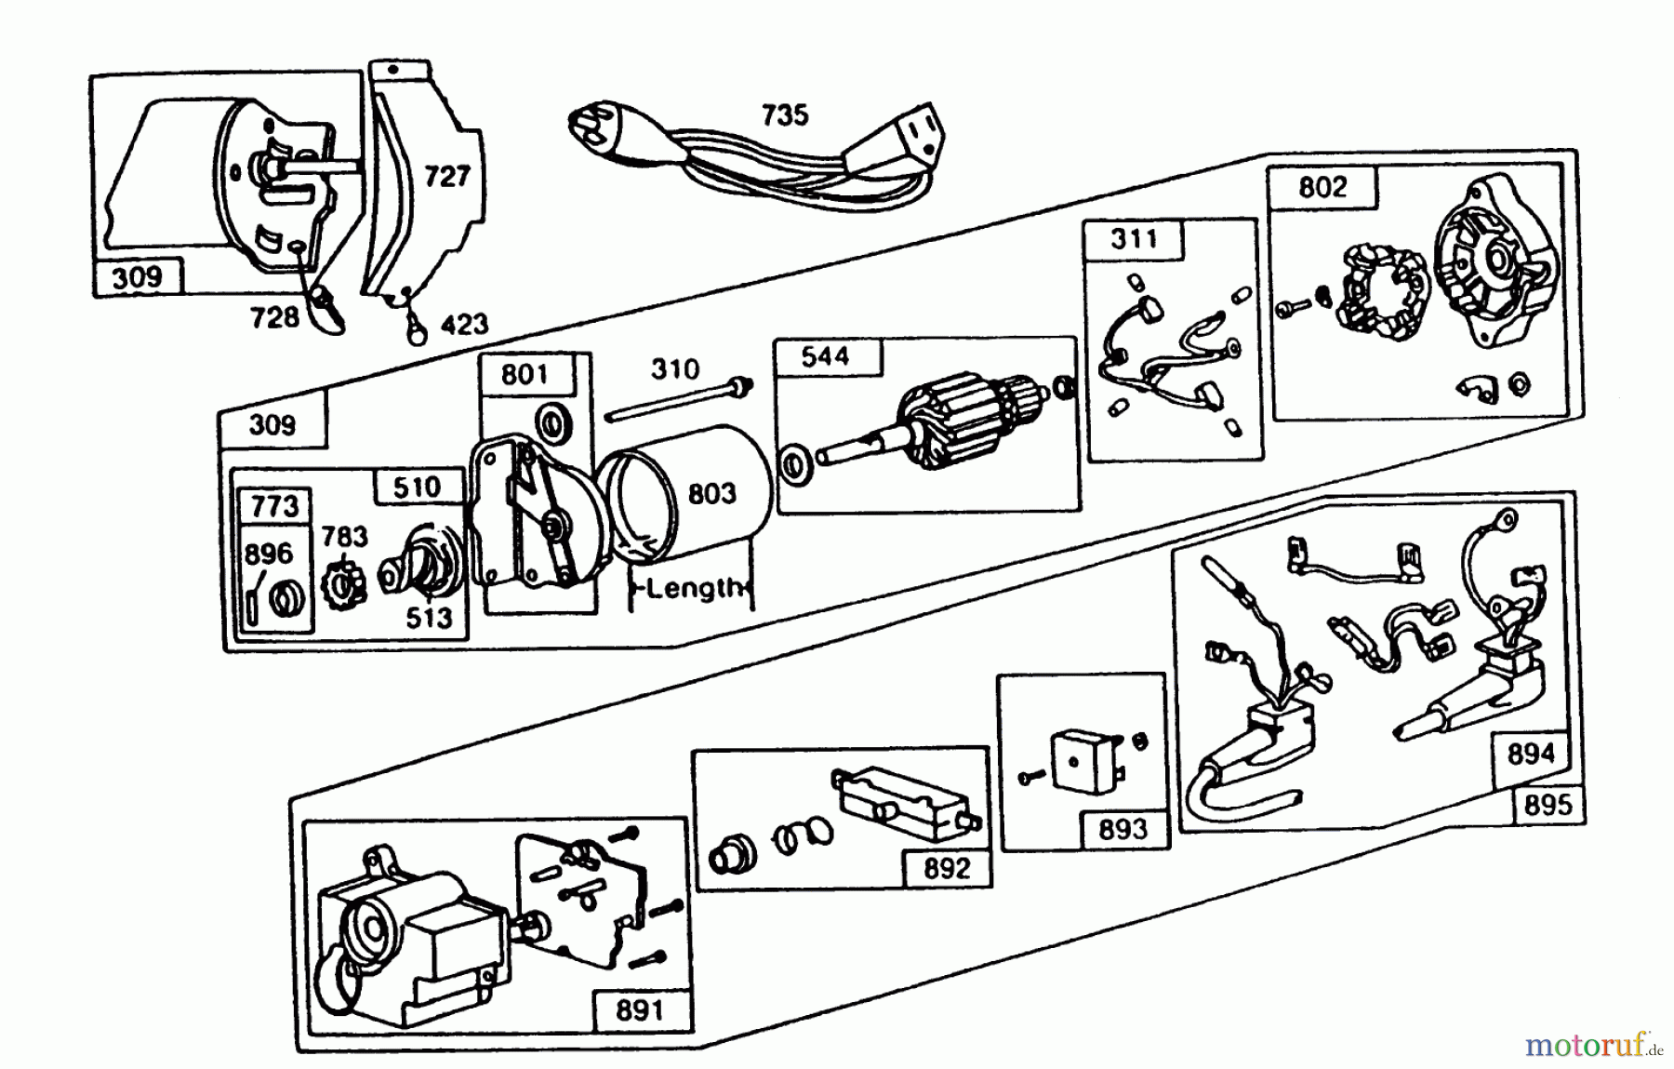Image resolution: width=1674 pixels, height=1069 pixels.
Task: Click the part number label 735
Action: [x=784, y=115]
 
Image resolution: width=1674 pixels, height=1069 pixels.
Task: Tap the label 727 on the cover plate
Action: [x=447, y=176]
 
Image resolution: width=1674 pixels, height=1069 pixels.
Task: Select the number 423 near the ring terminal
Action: [x=464, y=324]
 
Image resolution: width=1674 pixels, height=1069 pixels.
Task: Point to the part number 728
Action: [x=274, y=317]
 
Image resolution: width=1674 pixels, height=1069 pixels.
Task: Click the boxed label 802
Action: [x=1322, y=187]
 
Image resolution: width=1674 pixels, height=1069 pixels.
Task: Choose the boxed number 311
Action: [x=1135, y=239]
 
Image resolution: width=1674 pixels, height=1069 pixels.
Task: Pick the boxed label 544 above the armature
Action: [x=825, y=356]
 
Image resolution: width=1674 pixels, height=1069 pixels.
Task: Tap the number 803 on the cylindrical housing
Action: [x=712, y=493]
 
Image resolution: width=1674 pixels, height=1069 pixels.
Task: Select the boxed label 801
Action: [x=525, y=374]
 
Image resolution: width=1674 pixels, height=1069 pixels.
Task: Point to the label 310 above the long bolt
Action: [x=674, y=369]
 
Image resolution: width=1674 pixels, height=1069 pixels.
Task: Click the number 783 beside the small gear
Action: [x=344, y=536]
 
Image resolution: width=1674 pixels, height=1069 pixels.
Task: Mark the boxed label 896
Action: [x=268, y=554]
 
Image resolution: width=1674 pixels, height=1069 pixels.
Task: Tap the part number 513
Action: [x=429, y=617]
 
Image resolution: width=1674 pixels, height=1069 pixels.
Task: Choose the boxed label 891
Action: [x=640, y=1009]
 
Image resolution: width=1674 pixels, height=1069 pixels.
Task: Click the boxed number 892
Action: [x=947, y=868]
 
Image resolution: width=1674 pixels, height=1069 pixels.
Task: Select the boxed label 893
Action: [x=1123, y=828]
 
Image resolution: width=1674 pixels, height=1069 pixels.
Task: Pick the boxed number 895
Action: [x=1548, y=804]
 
